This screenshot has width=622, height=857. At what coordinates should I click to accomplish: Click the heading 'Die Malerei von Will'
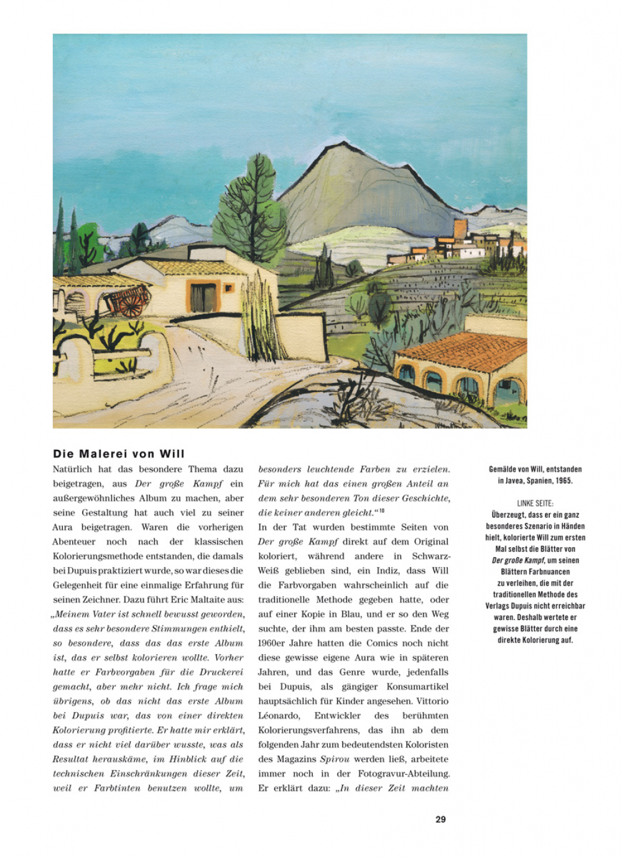click(119, 454)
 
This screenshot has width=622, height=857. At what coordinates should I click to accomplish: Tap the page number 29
click(440, 820)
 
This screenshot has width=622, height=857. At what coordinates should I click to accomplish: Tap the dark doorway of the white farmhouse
click(203, 298)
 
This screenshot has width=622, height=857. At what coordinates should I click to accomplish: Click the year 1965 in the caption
click(564, 480)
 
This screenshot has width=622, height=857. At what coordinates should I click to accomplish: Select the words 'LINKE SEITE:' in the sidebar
click(535, 503)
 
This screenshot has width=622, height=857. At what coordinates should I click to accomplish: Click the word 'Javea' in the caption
click(518, 480)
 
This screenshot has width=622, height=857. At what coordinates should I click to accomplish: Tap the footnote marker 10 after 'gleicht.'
click(381, 511)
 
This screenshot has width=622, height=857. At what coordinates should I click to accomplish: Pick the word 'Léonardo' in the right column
click(279, 716)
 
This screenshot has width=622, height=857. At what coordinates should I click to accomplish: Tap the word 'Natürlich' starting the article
click(73, 469)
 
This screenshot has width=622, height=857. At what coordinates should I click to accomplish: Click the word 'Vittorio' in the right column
click(431, 701)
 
